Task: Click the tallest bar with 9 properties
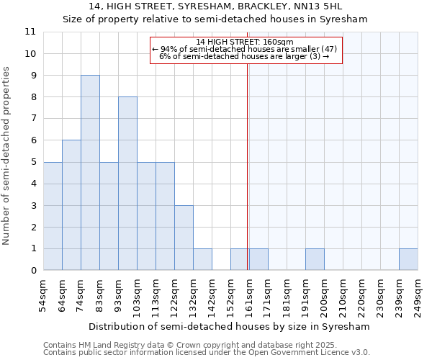90,173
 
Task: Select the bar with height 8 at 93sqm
127,184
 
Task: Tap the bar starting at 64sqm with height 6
71,205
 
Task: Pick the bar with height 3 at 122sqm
184,238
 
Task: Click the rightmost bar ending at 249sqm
408,260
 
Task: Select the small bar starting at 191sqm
315,260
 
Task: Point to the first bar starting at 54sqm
53,216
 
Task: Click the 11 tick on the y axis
30,32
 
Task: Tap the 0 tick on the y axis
33,271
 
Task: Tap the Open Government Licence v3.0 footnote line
207,353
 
